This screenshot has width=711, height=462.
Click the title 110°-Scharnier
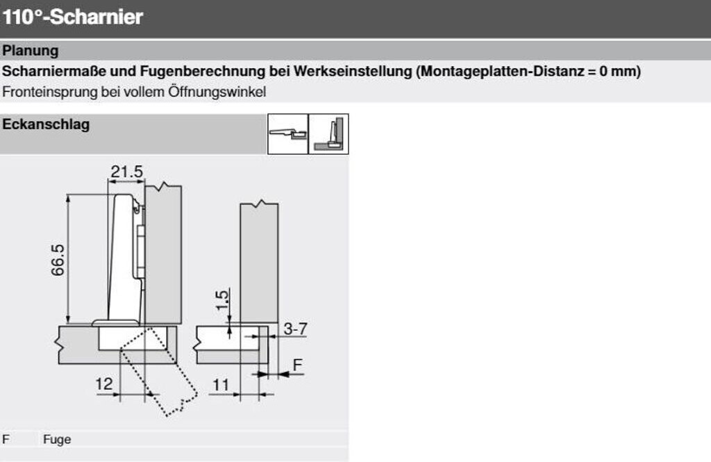pyautogui.click(x=72, y=17)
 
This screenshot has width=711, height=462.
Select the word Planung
pyautogui.click(x=31, y=51)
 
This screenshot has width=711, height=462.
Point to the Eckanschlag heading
pyautogui.click(x=46, y=124)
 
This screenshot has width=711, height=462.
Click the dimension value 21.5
pyautogui.click(x=126, y=172)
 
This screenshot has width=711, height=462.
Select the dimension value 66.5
pyautogui.click(x=58, y=260)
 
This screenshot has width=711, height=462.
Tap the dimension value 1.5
pyautogui.click(x=221, y=300)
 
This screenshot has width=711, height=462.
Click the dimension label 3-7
pyautogui.click(x=295, y=328)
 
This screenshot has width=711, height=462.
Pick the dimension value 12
pyautogui.click(x=104, y=384)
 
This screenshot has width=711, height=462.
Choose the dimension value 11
pyautogui.click(x=221, y=385)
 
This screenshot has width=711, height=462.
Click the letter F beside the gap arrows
pyautogui.click(x=297, y=365)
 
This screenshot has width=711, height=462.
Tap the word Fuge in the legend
pyautogui.click(x=57, y=439)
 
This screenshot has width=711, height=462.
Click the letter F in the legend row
pyautogui.click(x=6, y=439)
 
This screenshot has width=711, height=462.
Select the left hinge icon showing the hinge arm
pyautogui.click(x=288, y=134)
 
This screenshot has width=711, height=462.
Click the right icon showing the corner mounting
pyautogui.click(x=328, y=134)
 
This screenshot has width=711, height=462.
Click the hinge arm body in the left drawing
pyautogui.click(x=124, y=258)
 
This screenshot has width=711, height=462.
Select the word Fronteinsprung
pyautogui.click(x=50, y=92)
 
